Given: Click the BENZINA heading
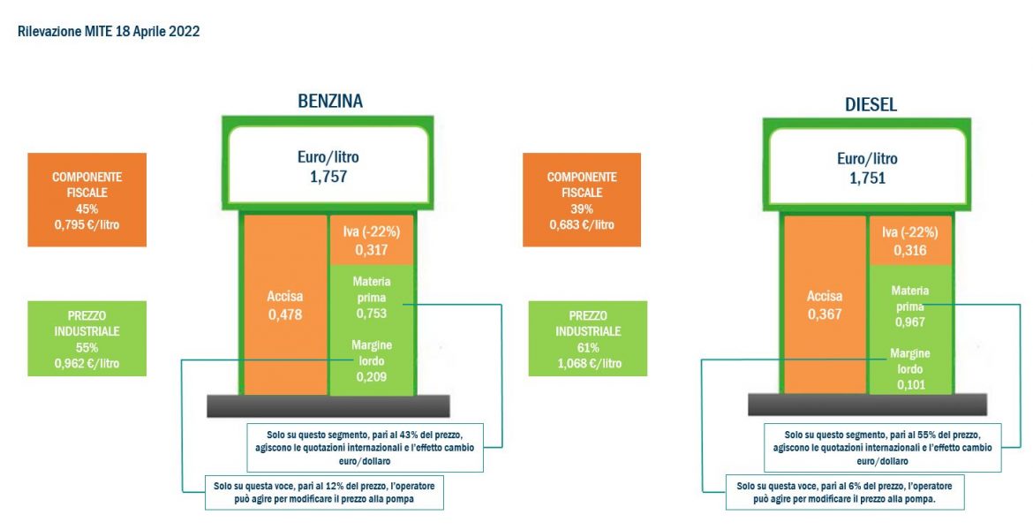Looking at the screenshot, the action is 330,101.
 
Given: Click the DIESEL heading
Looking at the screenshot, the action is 871,105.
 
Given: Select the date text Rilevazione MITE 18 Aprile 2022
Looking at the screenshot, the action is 109,32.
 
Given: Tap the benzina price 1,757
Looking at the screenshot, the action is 328,176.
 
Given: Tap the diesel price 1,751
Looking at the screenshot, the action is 867,178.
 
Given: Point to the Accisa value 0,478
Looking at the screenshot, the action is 285,314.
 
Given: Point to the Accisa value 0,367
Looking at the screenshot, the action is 825,314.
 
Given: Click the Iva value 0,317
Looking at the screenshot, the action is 372,250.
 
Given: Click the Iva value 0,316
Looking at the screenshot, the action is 909,251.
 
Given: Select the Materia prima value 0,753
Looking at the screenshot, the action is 372,313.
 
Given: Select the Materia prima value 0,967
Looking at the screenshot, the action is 909,322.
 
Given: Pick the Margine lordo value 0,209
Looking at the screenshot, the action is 372,377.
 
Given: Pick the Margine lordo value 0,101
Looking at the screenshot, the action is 910,383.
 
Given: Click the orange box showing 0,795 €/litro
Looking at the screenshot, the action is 87,200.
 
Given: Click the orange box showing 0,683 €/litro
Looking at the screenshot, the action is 582,200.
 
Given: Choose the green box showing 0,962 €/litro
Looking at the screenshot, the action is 87,339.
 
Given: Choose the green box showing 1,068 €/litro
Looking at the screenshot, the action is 588,339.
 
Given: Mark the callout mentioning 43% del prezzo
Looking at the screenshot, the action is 365,448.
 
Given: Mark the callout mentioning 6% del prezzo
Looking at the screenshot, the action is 845,492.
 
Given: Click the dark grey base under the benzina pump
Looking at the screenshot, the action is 328,406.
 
